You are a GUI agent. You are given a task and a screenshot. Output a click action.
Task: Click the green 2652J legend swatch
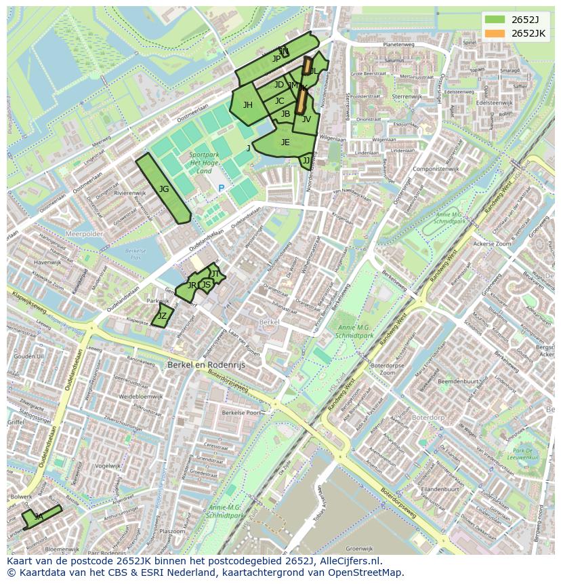tap(495, 20)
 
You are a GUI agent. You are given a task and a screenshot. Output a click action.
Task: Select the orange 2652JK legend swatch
tap(495, 33)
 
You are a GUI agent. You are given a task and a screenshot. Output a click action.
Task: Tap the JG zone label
tap(164, 189)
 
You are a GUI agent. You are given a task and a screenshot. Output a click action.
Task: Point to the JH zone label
tap(248, 104)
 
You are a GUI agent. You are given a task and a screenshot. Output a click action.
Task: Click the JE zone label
tap(285, 142)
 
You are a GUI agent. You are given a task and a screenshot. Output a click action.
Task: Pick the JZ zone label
tap(162, 316)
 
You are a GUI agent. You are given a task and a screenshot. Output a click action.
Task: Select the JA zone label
tap(39, 517)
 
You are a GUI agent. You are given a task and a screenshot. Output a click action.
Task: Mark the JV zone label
tap(306, 119)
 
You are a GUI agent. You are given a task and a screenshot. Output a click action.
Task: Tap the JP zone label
tap(276, 59)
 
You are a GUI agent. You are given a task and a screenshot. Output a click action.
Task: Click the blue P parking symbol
tap(221, 188)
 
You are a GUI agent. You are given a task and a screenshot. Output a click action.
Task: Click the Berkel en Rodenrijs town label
tap(206, 364)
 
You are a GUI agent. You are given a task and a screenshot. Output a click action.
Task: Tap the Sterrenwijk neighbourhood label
tap(407, 96)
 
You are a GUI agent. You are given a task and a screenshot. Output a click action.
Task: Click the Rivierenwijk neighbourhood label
tap(129, 193)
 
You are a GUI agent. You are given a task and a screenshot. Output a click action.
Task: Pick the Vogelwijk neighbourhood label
tap(108, 466)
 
